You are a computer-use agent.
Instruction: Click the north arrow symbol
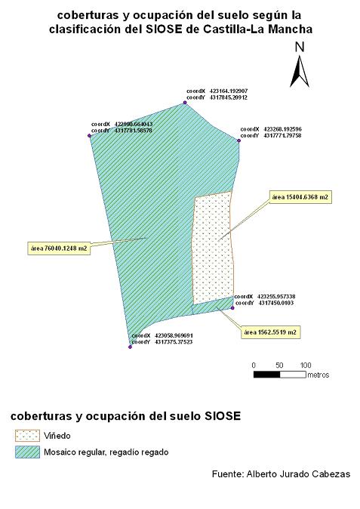(x=300, y=72)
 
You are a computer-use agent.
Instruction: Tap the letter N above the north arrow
(x=300, y=47)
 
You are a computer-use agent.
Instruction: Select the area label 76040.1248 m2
(x=59, y=248)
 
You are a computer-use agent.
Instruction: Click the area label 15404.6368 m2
(x=300, y=197)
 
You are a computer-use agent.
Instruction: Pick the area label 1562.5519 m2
(x=270, y=332)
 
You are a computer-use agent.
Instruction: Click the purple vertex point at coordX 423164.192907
(x=185, y=103)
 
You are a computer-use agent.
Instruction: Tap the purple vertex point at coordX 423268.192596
(x=238, y=140)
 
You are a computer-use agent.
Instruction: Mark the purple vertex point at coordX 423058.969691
(x=130, y=347)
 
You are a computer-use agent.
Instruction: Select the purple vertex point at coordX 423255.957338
(x=232, y=307)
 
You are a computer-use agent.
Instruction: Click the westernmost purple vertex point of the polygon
(x=89, y=136)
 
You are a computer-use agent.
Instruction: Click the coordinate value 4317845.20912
(x=229, y=97)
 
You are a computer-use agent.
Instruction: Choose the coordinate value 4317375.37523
(x=174, y=342)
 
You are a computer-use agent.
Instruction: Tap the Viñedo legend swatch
(x=28, y=436)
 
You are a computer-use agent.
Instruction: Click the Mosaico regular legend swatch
(x=28, y=452)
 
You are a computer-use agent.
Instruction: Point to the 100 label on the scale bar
(x=306, y=366)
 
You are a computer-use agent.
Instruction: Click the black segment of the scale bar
(x=266, y=375)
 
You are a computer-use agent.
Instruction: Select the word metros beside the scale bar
(x=318, y=375)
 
